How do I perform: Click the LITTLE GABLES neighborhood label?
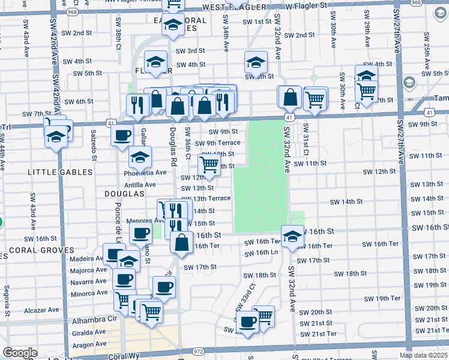[60, 172]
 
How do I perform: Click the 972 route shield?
[198, 351]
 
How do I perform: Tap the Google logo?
[20, 353]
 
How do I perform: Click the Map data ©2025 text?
[423, 356]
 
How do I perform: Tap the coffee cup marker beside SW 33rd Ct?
[247, 322]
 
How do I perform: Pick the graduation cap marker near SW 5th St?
[255, 62]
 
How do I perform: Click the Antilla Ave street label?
[140, 185]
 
